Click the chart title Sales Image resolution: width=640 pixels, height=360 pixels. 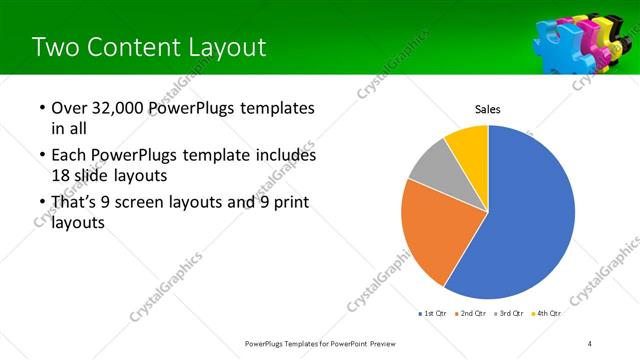pyautogui.click(x=487, y=109)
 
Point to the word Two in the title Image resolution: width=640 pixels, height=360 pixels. pyautogui.click(x=53, y=47)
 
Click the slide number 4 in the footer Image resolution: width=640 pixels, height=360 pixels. pyautogui.click(x=589, y=344)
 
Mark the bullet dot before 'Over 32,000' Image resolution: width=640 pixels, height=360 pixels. pyautogui.click(x=41, y=109)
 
